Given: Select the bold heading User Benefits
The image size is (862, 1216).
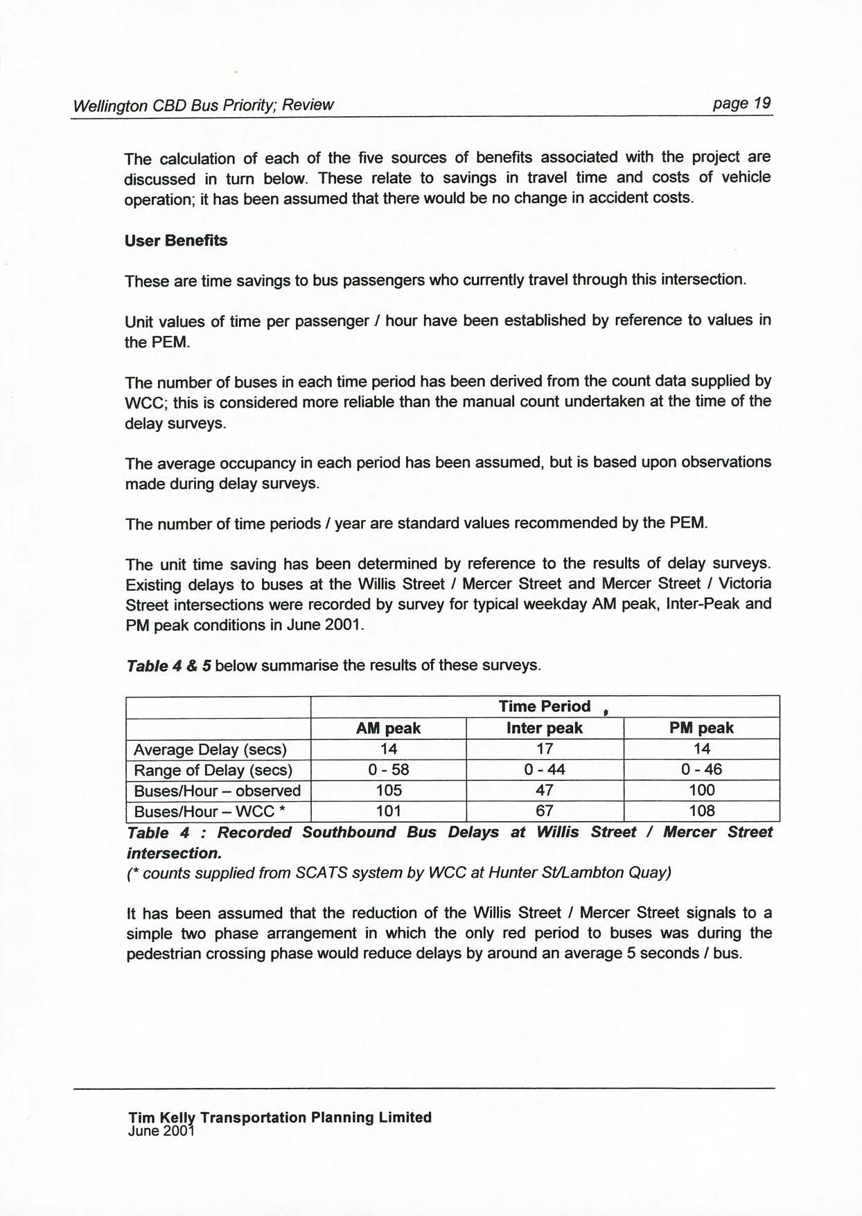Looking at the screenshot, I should (176, 241).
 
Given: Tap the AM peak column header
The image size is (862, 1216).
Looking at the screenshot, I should (388, 728).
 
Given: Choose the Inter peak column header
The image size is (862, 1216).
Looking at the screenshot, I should (545, 728).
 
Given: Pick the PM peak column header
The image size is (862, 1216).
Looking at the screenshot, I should (701, 728).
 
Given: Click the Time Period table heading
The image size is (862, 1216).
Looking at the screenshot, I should (545, 706).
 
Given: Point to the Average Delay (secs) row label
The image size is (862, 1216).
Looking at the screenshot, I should (210, 750).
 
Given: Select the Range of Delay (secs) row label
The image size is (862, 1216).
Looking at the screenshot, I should (213, 771).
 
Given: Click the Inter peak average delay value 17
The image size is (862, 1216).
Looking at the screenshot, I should (545, 749).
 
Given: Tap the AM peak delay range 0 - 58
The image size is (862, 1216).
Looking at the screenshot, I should (388, 770).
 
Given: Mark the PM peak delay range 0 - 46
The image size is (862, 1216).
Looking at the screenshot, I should (701, 770).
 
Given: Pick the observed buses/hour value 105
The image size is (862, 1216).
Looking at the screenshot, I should (389, 791).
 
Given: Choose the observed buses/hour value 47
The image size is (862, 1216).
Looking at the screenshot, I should (545, 791).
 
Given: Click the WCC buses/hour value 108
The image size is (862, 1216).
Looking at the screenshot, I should (702, 812).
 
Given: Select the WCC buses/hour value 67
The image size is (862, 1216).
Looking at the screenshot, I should (545, 812).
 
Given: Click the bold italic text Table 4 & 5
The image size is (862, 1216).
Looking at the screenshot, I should (169, 666).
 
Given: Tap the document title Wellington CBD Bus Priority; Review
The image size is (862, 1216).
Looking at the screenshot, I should (203, 105).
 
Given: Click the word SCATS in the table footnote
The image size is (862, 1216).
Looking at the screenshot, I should (322, 873).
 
